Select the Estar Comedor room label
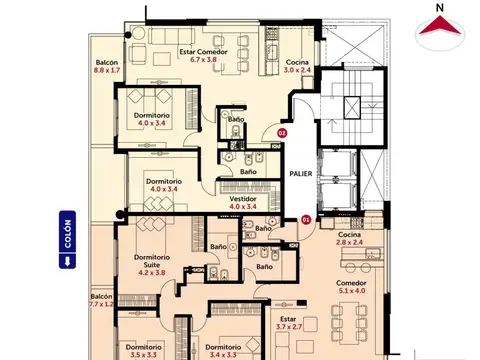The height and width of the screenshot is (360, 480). pyautogui.click(x=203, y=51)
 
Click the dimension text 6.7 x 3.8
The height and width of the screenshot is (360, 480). pyautogui.click(x=203, y=59)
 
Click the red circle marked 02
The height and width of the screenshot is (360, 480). pyautogui.click(x=282, y=132)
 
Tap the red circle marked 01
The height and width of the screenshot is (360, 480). pyautogui.click(x=306, y=217)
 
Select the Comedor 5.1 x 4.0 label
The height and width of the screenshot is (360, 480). pyautogui.click(x=351, y=288)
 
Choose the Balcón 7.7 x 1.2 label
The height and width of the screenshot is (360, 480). pyautogui.click(x=101, y=300)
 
